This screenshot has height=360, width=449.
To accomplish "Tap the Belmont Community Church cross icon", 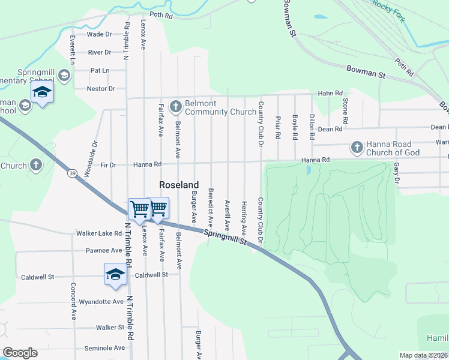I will pyautogui.click(x=176, y=107).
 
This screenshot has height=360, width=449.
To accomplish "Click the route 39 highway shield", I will pyautogui.click(x=72, y=173).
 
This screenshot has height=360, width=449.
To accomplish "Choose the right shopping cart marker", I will pyautogui.click(x=158, y=208).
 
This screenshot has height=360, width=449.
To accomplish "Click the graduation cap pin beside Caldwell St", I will pyautogui.click(x=115, y=275).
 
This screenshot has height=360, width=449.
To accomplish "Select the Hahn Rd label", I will pyautogui.click(x=330, y=94).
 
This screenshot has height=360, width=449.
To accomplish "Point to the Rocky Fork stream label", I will pyautogui.click(x=388, y=11).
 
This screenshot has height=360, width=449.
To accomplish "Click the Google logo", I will pyautogui.click(x=20, y=353).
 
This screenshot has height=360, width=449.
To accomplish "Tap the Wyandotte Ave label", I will pyautogui.click(x=101, y=302).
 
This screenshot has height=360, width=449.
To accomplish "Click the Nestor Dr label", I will pyautogui.click(x=101, y=89).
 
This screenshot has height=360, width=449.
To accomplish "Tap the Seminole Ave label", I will pyautogui.click(x=104, y=348).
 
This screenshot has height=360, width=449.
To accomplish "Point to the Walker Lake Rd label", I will pyautogui.click(x=99, y=233).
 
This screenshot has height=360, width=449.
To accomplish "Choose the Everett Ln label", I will pyautogui.click(x=71, y=50).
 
